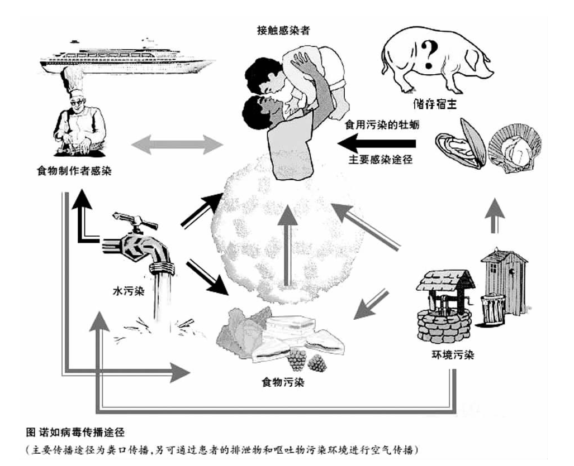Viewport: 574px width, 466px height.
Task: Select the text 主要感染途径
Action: pos(381,160)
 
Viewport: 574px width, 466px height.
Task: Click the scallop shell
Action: pos(515,147)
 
